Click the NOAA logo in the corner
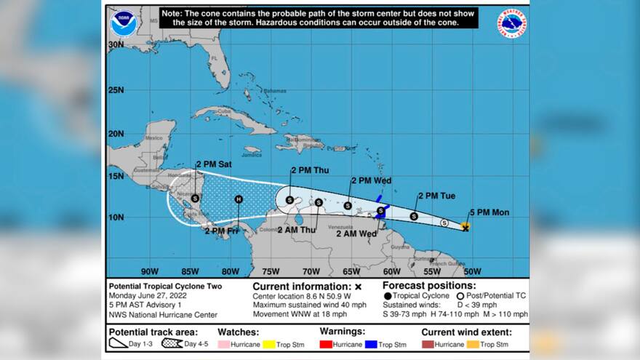(123, 23)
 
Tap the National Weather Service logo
(512, 23)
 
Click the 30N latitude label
(116, 44)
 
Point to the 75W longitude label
(270, 271)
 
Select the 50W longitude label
(472, 271)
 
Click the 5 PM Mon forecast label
(489, 212)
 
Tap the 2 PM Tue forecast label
(436, 196)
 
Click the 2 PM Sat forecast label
(214, 164)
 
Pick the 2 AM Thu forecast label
(297, 230)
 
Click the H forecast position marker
(238, 199)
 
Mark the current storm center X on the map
(465, 228)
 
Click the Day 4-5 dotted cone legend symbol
(172, 343)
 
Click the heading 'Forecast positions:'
(429, 286)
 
